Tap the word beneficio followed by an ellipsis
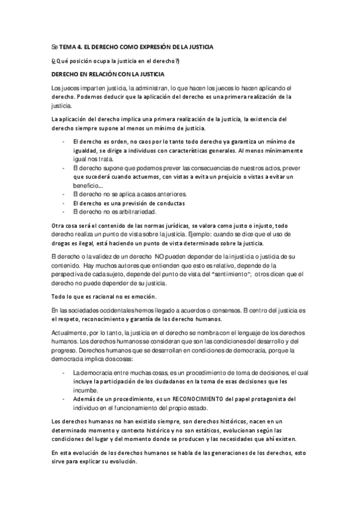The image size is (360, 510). (85, 186)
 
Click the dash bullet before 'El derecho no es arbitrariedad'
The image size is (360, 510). (63, 211)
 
